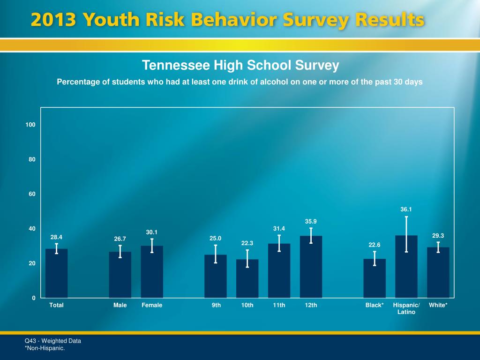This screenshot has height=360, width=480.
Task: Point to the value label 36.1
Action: (406, 210)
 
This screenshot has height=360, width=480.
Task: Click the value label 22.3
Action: (247, 243)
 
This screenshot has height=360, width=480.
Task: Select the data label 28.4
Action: (57, 237)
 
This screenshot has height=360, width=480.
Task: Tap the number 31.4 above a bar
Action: (279, 228)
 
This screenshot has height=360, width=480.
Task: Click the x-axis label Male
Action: (120, 305)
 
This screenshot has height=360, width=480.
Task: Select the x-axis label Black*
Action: (375, 305)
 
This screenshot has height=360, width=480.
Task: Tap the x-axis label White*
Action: (438, 305)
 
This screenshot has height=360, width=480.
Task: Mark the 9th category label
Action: (216, 305)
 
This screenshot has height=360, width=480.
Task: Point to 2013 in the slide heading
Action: (53, 21)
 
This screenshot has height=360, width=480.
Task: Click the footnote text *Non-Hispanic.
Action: (45, 348)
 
